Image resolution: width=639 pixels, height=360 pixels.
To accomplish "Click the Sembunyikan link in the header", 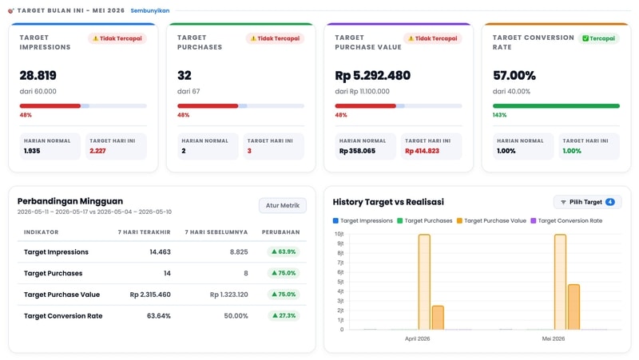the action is [x=150, y=10].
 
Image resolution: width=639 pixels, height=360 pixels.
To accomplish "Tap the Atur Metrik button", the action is [x=283, y=205].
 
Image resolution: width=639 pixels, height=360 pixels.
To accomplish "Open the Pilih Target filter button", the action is [x=587, y=202].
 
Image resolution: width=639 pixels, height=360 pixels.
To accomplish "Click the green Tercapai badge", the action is [x=598, y=38].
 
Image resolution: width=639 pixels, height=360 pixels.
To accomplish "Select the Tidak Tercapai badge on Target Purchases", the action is [x=275, y=38].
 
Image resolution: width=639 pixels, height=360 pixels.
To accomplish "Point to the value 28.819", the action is [x=38, y=75].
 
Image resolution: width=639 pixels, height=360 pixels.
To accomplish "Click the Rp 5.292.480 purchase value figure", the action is [x=372, y=75].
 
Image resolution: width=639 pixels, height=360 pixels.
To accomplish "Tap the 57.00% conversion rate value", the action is [x=514, y=75].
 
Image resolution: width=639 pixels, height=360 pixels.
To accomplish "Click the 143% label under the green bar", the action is [x=500, y=115].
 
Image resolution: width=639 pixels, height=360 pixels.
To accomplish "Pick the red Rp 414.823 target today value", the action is [x=422, y=151].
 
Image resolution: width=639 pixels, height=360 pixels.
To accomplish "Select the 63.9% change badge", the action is [x=284, y=251].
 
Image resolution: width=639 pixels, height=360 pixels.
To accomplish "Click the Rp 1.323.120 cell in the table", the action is [x=228, y=295].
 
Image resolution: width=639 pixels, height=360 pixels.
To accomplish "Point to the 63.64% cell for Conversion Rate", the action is [x=158, y=315].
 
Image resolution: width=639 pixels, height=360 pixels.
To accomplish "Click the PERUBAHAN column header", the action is [x=280, y=232].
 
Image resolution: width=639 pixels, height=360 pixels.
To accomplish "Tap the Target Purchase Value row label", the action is [x=62, y=295].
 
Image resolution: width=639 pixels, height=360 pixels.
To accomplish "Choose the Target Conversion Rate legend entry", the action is [x=566, y=221].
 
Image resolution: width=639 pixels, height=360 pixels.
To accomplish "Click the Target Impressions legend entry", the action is [x=363, y=221].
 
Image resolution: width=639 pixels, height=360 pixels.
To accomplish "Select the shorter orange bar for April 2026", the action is [x=438, y=318].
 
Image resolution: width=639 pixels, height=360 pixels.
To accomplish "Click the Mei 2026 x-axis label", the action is [x=553, y=338].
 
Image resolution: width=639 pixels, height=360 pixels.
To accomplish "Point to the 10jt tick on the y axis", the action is [x=339, y=234].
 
